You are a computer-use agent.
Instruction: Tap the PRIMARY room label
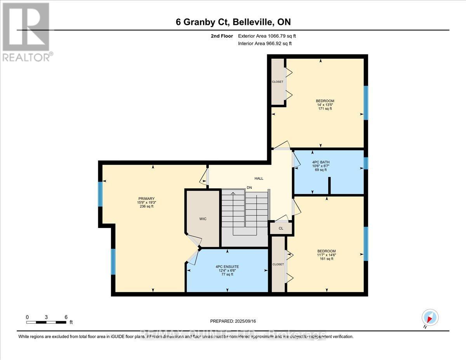point(144,198)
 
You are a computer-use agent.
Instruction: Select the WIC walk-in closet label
point(203,219)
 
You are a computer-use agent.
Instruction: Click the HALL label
point(259,179)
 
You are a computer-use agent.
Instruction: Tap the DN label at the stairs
point(249,188)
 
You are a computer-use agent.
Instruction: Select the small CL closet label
point(281,228)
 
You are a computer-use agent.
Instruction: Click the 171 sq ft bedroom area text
point(325,109)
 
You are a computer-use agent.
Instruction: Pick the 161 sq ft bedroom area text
point(326,259)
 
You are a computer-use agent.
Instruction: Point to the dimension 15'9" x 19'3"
point(144,202)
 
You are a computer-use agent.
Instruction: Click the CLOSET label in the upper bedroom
point(278,82)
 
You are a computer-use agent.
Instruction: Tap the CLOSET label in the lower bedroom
point(278,264)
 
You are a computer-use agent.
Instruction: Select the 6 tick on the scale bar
point(66,317)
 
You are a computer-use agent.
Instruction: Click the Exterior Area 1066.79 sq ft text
point(270,36)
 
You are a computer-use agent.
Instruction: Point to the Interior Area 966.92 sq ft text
point(264,43)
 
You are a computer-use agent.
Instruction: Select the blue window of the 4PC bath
point(365,163)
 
